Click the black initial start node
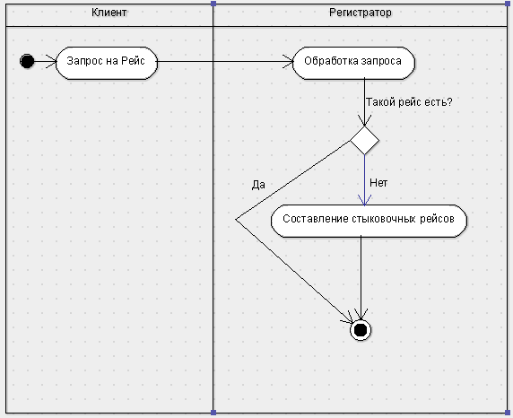pyautogui.click(x=27, y=61)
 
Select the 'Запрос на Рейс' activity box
pyautogui.click(x=107, y=63)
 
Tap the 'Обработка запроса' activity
pyautogui.click(x=353, y=63)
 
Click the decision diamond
pyautogui.click(x=364, y=141)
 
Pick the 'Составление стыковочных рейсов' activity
pyautogui.click(x=369, y=221)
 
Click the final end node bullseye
pyautogui.click(x=361, y=330)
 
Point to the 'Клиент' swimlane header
pyautogui.click(x=109, y=13)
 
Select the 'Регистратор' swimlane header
pyautogui.click(x=361, y=13)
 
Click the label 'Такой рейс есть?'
pyautogui.click(x=409, y=102)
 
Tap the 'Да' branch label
pyautogui.click(x=258, y=185)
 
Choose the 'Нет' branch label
pyautogui.click(x=378, y=183)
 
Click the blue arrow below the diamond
pyautogui.click(x=364, y=180)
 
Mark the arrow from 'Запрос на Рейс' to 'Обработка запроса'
pyautogui.click(x=225, y=61)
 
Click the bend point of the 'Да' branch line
pyautogui.click(x=236, y=220)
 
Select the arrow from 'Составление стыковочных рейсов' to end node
pyautogui.click(x=361, y=278)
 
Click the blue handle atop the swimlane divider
pyautogui.click(x=213, y=4)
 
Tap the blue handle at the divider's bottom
pyautogui.click(x=213, y=413)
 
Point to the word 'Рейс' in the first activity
pyautogui.click(x=133, y=61)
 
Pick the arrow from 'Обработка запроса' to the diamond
pyautogui.click(x=364, y=103)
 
